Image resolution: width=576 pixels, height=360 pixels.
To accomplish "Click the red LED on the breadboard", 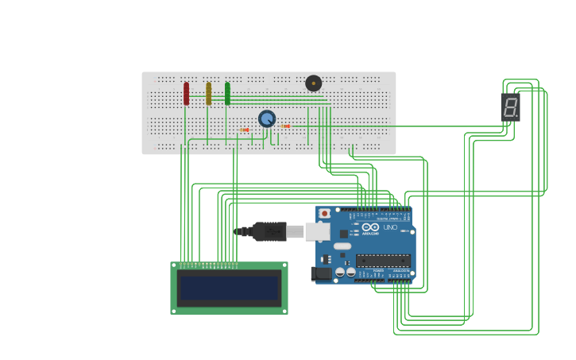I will pyautogui.click(x=186, y=94).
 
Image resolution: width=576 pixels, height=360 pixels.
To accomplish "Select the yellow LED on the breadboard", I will pyautogui.click(x=208, y=94).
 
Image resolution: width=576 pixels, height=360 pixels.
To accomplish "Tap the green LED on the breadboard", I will pyautogui.click(x=227, y=94).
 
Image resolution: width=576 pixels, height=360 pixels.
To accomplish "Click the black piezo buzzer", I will pyautogui.click(x=314, y=83).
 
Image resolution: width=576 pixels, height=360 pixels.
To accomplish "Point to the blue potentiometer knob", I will pyautogui.click(x=267, y=118).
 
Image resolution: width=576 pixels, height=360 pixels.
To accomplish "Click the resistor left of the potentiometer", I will pyautogui.click(x=245, y=130).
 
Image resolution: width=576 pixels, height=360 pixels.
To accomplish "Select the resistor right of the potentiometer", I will pyautogui.click(x=285, y=126).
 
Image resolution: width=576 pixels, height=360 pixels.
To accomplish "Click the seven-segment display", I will pyautogui.click(x=510, y=107).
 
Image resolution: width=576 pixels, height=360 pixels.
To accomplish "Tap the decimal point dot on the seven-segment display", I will pyautogui.click(x=518, y=118).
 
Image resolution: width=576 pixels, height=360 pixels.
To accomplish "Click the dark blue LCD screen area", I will pyautogui.click(x=229, y=288).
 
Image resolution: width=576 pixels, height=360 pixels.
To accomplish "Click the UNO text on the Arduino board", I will pyautogui.click(x=390, y=227).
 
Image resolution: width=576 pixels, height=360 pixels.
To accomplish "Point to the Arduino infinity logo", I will pyautogui.click(x=371, y=227).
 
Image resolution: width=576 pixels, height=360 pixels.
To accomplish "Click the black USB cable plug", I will pyautogui.click(x=270, y=231).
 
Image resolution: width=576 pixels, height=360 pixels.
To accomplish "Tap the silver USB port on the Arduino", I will pyautogui.click(x=317, y=231).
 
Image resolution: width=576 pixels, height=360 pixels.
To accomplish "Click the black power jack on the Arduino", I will pyautogui.click(x=322, y=273).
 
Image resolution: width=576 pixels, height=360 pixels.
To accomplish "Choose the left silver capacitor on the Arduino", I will pyautogui.click(x=340, y=273).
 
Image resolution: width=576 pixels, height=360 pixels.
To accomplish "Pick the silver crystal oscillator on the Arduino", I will pyautogui.click(x=342, y=246).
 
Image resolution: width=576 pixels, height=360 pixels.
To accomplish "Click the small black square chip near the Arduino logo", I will pyautogui.click(x=344, y=234).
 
